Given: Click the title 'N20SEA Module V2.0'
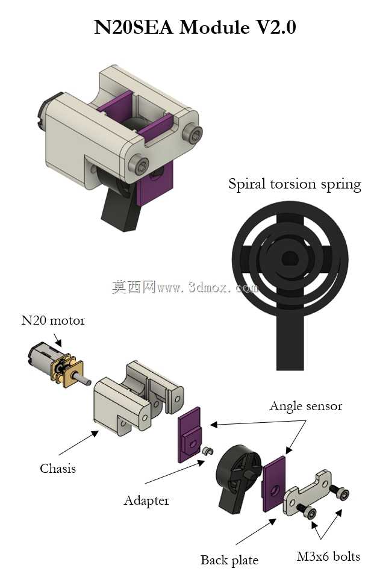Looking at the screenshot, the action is click(x=195, y=27).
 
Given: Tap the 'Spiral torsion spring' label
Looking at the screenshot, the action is click(x=295, y=184).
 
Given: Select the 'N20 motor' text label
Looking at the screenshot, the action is click(x=53, y=320).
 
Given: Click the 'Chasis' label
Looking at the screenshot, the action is click(x=58, y=468).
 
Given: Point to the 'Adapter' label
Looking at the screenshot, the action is click(x=146, y=501).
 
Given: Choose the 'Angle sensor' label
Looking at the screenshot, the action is click(x=305, y=406).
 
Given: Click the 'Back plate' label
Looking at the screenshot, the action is click(x=229, y=560).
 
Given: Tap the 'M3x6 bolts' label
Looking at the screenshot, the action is click(x=328, y=556).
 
